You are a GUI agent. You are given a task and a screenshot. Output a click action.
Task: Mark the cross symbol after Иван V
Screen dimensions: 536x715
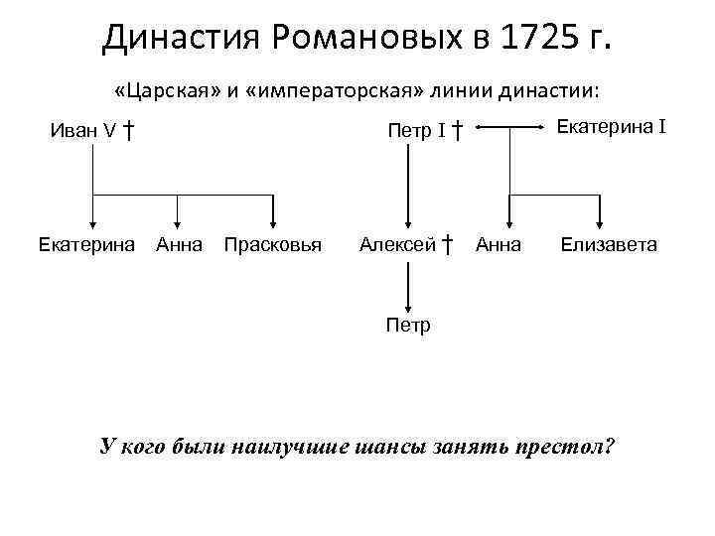(x=129, y=129)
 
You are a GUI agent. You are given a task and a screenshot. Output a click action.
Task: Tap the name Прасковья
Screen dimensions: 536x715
(x=273, y=244)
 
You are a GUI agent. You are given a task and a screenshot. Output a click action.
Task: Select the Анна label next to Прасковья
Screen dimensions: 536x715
(x=179, y=244)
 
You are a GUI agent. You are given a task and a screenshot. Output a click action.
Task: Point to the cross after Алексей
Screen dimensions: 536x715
(x=448, y=244)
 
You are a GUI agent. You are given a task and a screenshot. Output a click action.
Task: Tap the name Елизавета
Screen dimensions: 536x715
(x=608, y=244)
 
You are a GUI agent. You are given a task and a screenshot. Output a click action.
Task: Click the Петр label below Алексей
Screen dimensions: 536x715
(x=408, y=325)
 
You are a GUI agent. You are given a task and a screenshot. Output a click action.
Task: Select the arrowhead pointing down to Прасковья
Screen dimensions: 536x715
(x=274, y=222)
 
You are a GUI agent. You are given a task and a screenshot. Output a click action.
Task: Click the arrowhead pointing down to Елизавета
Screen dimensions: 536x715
(x=601, y=222)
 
